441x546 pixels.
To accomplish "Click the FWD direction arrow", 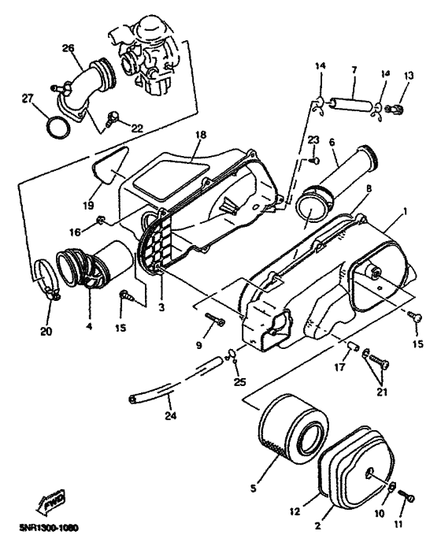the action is (50, 502).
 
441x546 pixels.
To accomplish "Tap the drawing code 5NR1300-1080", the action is (48, 528).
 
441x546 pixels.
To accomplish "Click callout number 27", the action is (27, 98).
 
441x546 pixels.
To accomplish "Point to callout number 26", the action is (69, 48).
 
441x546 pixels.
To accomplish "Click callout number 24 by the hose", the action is (171, 415).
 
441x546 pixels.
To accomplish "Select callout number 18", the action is (201, 135).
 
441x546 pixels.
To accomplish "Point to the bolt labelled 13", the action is (395, 110).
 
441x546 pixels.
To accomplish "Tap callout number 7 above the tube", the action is (354, 70).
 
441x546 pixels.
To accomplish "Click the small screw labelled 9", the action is (215, 319).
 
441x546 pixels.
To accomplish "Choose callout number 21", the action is (382, 392).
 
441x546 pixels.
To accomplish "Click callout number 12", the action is (295, 511).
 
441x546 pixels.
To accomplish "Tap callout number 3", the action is (161, 308).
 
